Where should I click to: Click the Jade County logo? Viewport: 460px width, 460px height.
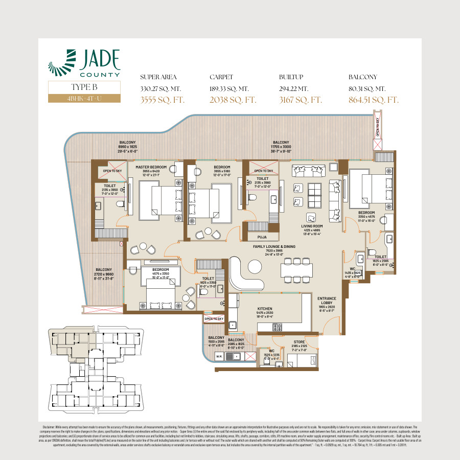tap(84, 63)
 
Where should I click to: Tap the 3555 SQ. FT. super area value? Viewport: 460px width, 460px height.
tap(162, 100)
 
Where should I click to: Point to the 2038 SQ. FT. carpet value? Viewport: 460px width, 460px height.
tap(233, 100)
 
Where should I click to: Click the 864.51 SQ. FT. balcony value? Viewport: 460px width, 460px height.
tap(373, 100)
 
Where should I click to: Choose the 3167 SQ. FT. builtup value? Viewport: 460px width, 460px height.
tap(301, 100)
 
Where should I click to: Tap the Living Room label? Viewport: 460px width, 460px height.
tap(312, 226)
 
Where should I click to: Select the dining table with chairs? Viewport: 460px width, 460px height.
tap(296, 269)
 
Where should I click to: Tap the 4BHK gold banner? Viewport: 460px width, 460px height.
tap(84, 98)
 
